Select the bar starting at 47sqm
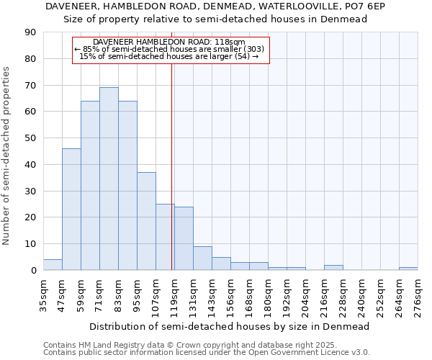coord(71,209)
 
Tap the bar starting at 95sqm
coord(146,221)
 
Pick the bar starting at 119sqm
coord(184,238)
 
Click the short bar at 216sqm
coord(333,268)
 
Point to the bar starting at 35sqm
coord(53,265)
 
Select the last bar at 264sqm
coord(408,269)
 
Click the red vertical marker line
coord(172,166)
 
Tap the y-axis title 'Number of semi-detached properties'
coord(7,156)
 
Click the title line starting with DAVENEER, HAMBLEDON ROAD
coord(216,6)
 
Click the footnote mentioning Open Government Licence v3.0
coord(207,352)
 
